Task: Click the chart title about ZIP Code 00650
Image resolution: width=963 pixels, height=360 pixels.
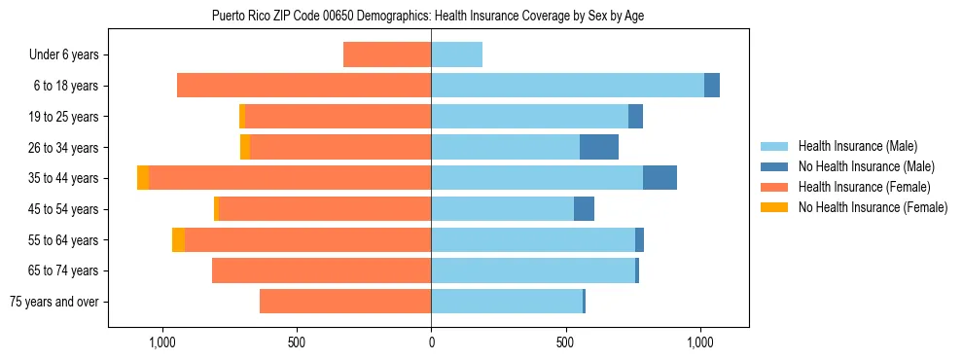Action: [x=427, y=16]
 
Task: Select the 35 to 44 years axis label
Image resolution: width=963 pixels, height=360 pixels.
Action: [x=64, y=178]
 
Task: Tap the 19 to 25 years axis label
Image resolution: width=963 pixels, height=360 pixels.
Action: [x=64, y=117]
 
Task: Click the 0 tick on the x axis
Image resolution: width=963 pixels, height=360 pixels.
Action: [x=431, y=343]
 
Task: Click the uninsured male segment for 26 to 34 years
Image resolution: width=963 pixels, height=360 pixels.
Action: [x=599, y=147]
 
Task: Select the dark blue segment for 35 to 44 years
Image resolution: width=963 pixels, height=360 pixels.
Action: [x=660, y=178]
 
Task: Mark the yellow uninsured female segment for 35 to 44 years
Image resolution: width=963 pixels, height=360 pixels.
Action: [x=143, y=178]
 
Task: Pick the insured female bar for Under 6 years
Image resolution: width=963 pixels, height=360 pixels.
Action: [x=387, y=55]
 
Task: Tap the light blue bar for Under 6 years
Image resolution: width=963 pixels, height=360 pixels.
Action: [x=456, y=55]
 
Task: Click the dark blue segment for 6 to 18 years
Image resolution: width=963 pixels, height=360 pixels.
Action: [x=712, y=86]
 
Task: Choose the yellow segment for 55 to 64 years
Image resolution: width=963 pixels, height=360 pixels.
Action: [x=178, y=239]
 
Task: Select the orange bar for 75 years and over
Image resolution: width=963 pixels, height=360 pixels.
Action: [x=345, y=302]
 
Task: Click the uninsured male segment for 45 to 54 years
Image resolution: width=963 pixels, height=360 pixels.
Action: [x=584, y=209]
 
